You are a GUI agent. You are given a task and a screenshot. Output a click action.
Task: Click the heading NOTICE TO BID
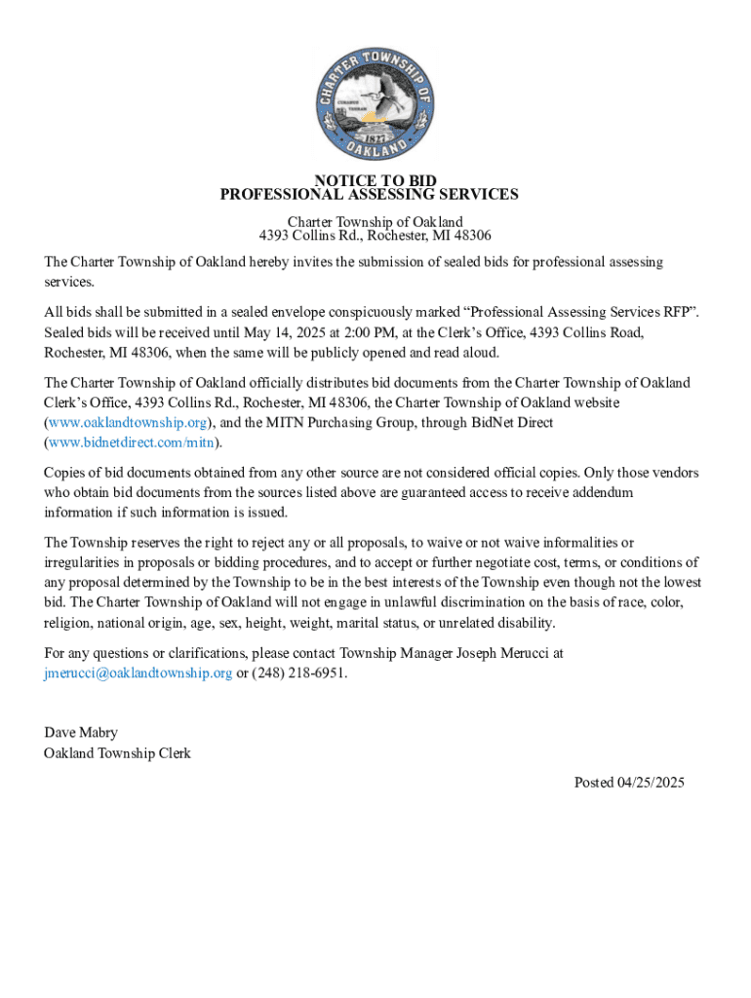pyautogui.click(x=375, y=180)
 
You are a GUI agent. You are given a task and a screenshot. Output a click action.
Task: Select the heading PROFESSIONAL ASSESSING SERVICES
pyautogui.click(x=369, y=194)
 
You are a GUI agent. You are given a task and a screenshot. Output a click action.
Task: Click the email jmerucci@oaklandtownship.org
pyautogui.click(x=138, y=673)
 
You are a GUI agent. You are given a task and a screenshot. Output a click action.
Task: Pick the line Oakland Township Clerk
pyautogui.click(x=117, y=753)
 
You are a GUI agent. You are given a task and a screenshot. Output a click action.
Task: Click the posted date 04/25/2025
pyautogui.click(x=652, y=783)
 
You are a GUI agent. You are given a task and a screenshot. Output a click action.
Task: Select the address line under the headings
pyautogui.click(x=375, y=236)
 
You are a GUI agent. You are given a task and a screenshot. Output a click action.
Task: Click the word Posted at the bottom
pyautogui.click(x=594, y=783)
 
